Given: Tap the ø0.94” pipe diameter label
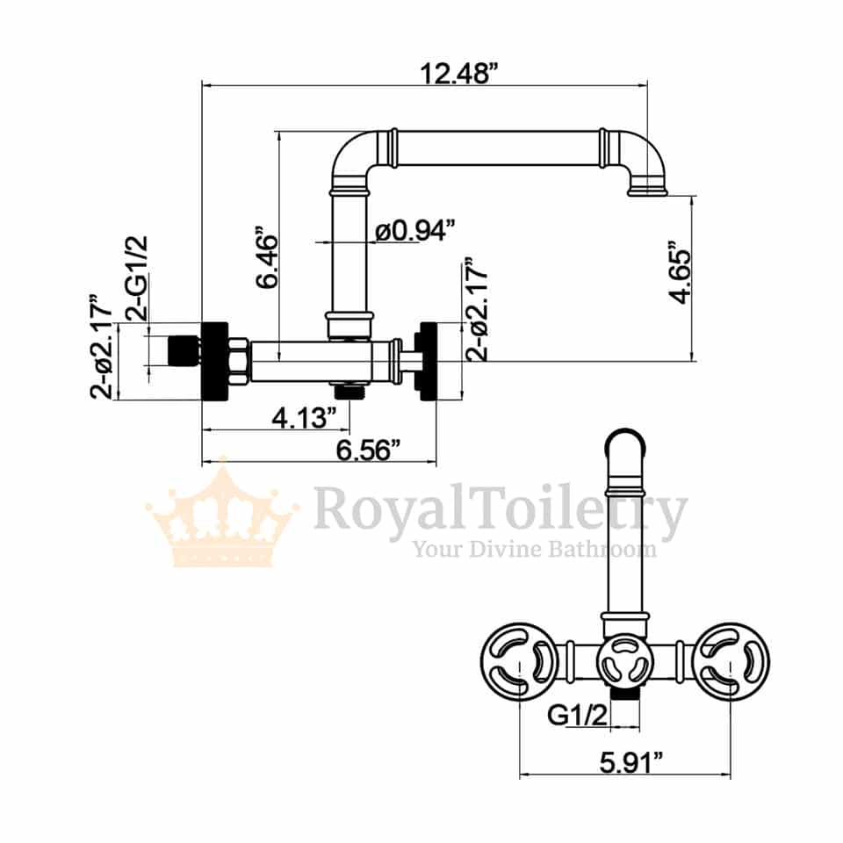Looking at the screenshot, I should click(414, 231).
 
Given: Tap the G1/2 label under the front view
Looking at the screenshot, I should click(578, 716).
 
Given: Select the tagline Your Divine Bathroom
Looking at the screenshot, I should click(535, 550).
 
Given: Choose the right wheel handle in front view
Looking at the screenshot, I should click(731, 661).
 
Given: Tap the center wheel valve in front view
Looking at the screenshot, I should click(625, 661).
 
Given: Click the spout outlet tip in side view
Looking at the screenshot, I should click(647, 189).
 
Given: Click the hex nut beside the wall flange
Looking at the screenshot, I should click(237, 361).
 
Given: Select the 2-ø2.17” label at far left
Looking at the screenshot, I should click(102, 348).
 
